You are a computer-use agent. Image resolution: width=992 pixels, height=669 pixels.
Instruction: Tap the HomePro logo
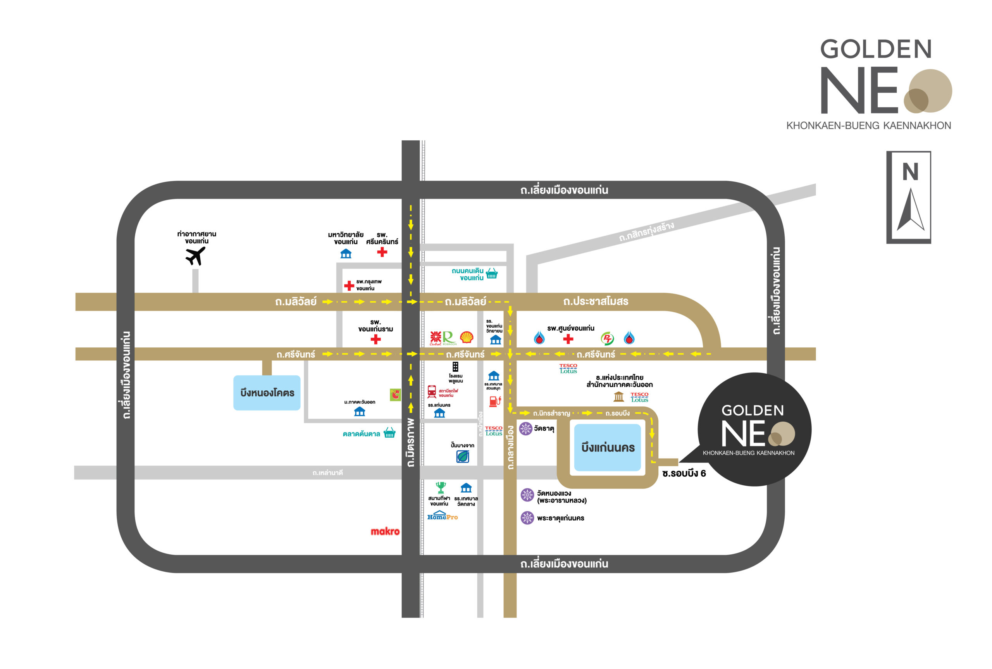click(442, 516)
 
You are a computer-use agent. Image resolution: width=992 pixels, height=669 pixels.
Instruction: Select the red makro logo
click(385, 531)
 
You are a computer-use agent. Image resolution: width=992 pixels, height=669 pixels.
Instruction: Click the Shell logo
click(467, 338)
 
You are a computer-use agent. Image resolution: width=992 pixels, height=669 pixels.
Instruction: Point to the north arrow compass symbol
click(910, 209)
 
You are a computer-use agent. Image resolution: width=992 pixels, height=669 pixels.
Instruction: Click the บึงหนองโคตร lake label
click(267, 393)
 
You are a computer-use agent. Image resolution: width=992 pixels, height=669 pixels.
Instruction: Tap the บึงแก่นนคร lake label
click(608, 448)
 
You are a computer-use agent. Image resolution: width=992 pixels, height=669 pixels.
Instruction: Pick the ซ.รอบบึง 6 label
click(684, 473)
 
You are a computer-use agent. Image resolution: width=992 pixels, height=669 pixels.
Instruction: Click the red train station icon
click(432, 391)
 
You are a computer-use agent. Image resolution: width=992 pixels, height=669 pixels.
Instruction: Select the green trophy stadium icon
click(441, 487)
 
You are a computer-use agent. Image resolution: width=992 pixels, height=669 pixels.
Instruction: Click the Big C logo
click(395, 395)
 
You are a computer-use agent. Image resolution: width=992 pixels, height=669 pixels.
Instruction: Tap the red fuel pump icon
click(495, 401)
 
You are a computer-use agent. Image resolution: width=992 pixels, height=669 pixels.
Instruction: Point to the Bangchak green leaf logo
click(463, 457)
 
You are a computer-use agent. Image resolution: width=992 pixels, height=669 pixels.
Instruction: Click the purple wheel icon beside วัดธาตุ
click(525, 428)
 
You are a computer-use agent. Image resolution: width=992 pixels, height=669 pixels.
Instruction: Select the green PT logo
click(607, 339)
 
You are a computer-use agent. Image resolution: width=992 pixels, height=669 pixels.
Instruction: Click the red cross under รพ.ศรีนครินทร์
click(382, 252)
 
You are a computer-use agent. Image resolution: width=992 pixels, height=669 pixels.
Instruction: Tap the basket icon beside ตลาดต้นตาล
click(389, 433)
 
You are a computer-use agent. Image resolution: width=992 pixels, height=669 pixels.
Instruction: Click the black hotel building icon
click(455, 367)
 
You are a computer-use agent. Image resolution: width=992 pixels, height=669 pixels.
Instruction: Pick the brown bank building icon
click(618, 397)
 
